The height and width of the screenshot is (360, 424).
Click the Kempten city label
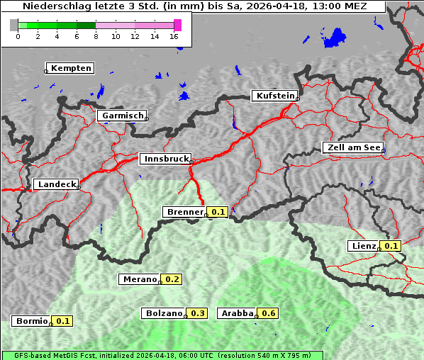70,68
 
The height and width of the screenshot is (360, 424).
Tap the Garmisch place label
123,116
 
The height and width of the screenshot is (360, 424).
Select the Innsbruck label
165,159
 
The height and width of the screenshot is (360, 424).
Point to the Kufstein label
274,96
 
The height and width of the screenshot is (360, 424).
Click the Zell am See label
353,147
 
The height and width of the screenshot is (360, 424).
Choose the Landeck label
56,184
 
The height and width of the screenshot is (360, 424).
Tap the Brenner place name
184,212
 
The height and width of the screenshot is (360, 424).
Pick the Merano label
139,279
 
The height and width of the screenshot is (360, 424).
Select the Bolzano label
164,313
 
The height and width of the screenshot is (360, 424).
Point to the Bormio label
32,321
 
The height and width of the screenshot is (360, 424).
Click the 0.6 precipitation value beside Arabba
269,313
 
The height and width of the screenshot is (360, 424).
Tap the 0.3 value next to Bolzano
198,313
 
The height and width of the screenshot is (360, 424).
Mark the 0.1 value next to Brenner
218,212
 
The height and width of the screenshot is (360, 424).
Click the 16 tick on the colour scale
174,37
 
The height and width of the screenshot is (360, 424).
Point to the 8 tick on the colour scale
96,37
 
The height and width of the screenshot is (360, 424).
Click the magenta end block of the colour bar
177,25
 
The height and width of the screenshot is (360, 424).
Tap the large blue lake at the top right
334,37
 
